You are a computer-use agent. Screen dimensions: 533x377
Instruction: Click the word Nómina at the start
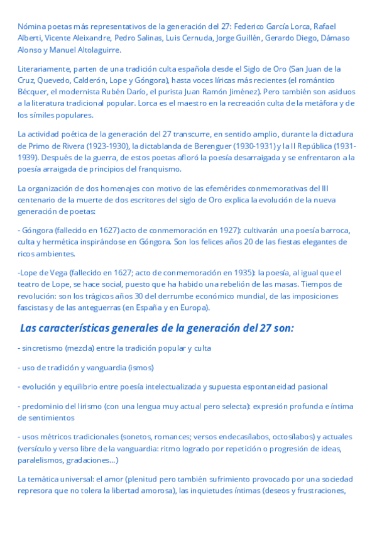(31, 26)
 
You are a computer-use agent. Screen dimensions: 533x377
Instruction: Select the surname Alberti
(30, 38)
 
